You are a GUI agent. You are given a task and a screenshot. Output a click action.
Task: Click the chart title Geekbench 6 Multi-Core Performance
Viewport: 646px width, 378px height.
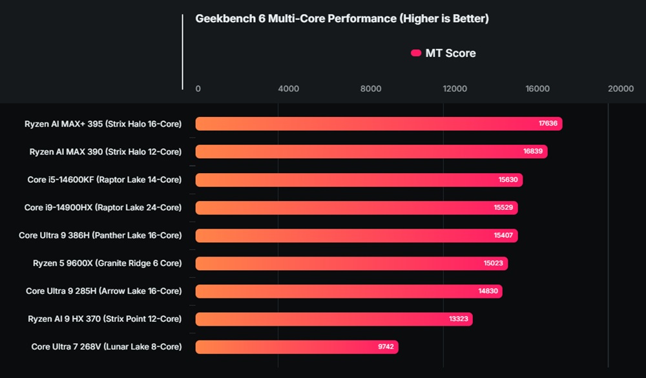[342, 19]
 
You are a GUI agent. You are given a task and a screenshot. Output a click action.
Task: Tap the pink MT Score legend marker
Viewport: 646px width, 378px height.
[416, 53]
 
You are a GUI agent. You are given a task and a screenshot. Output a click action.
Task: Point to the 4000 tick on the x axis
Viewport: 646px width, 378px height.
[288, 89]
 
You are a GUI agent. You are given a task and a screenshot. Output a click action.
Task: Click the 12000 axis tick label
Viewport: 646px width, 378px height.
[455, 89]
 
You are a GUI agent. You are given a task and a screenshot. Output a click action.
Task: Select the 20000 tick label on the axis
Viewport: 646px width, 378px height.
[621, 89]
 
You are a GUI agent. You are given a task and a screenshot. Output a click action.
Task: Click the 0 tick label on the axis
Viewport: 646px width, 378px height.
[198, 89]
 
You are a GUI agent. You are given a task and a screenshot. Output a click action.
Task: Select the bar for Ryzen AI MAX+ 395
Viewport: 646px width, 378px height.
[379, 124]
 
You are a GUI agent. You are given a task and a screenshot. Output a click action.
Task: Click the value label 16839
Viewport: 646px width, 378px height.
[533, 152]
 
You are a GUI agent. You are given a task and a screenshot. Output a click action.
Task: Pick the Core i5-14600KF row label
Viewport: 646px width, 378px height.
[104, 180]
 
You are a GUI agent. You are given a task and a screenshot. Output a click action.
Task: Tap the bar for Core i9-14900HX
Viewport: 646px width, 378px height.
[356, 207]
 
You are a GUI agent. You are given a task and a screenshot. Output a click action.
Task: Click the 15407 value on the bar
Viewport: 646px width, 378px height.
[503, 235]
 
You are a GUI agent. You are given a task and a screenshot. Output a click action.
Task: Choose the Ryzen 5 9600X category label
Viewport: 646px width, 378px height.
[107, 263]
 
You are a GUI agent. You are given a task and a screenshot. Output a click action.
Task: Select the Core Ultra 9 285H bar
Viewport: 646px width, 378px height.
[349, 291]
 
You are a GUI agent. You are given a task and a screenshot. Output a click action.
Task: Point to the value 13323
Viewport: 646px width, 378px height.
[458, 319]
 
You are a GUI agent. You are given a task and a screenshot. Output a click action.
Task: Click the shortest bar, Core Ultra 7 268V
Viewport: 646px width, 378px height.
[297, 347]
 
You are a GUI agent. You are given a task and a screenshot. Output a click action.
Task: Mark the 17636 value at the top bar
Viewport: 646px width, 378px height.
[548, 124]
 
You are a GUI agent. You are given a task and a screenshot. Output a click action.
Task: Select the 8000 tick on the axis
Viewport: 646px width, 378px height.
[371, 89]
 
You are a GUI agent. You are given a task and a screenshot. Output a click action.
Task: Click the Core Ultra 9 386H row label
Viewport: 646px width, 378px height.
[100, 235]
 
